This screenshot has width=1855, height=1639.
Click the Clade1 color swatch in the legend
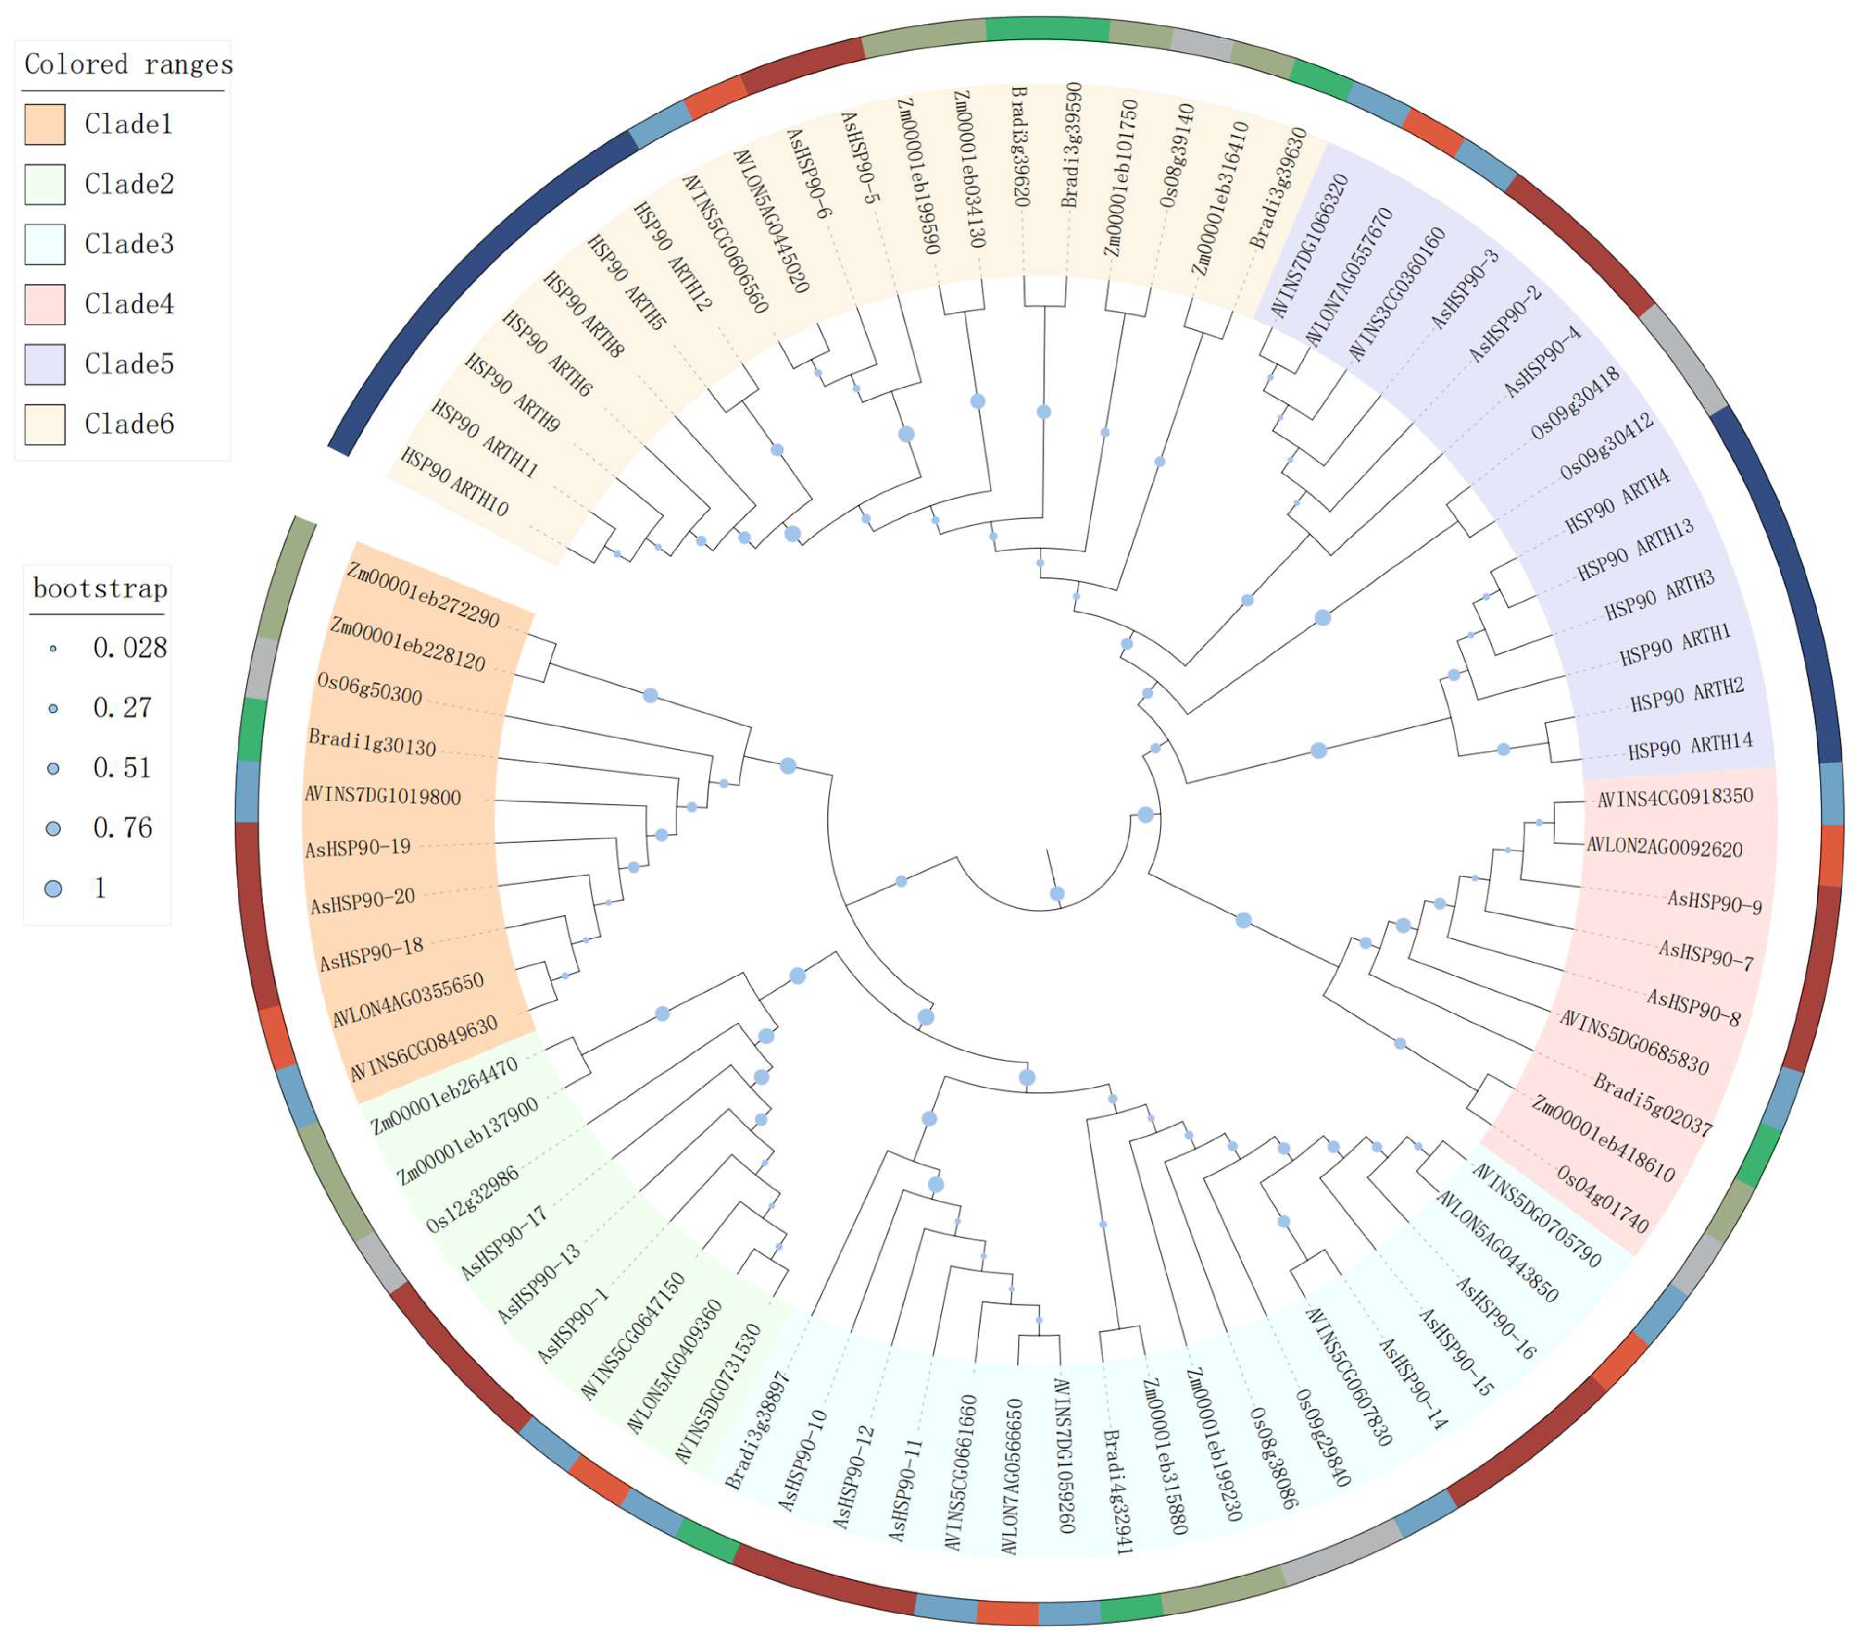click(x=44, y=125)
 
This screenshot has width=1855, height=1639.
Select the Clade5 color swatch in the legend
click(x=44, y=364)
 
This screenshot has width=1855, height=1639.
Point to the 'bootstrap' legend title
click(x=100, y=589)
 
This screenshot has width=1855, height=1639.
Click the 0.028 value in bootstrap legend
click(x=130, y=648)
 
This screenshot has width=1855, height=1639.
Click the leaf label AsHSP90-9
click(x=1714, y=902)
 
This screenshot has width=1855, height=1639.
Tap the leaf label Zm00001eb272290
click(x=423, y=594)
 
